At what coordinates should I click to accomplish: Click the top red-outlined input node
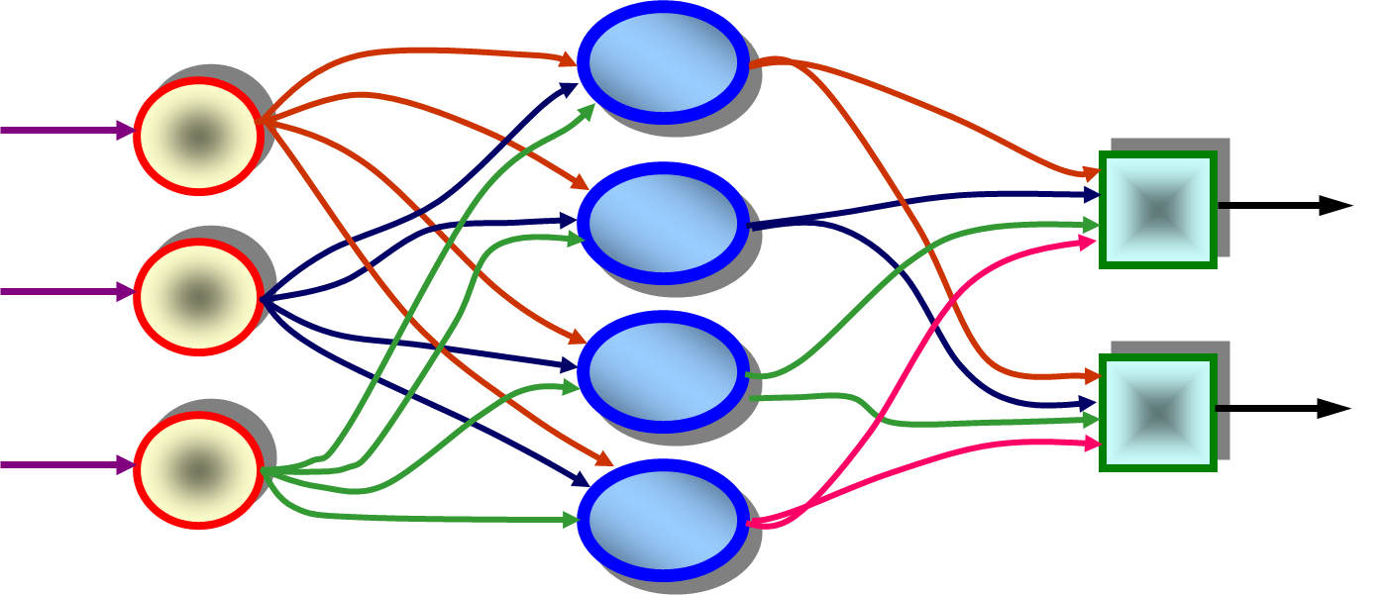tap(198, 136)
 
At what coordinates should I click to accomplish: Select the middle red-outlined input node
tap(198, 296)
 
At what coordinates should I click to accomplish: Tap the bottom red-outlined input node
tap(198, 469)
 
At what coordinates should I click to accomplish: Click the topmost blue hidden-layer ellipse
tap(663, 62)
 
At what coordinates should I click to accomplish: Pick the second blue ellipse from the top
tap(663, 223)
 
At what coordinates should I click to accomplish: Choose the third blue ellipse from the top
tap(663, 371)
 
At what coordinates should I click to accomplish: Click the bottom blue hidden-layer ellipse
tap(663, 520)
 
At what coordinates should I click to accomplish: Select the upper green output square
tap(1157, 209)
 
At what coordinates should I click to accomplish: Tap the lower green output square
tap(1157, 412)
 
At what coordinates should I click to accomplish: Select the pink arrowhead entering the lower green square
tap(1092, 445)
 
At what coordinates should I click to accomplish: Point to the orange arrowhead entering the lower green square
tap(1092, 376)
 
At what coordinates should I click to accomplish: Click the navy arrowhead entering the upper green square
tap(1092, 195)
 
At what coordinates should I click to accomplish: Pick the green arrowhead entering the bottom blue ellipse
tap(571, 520)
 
